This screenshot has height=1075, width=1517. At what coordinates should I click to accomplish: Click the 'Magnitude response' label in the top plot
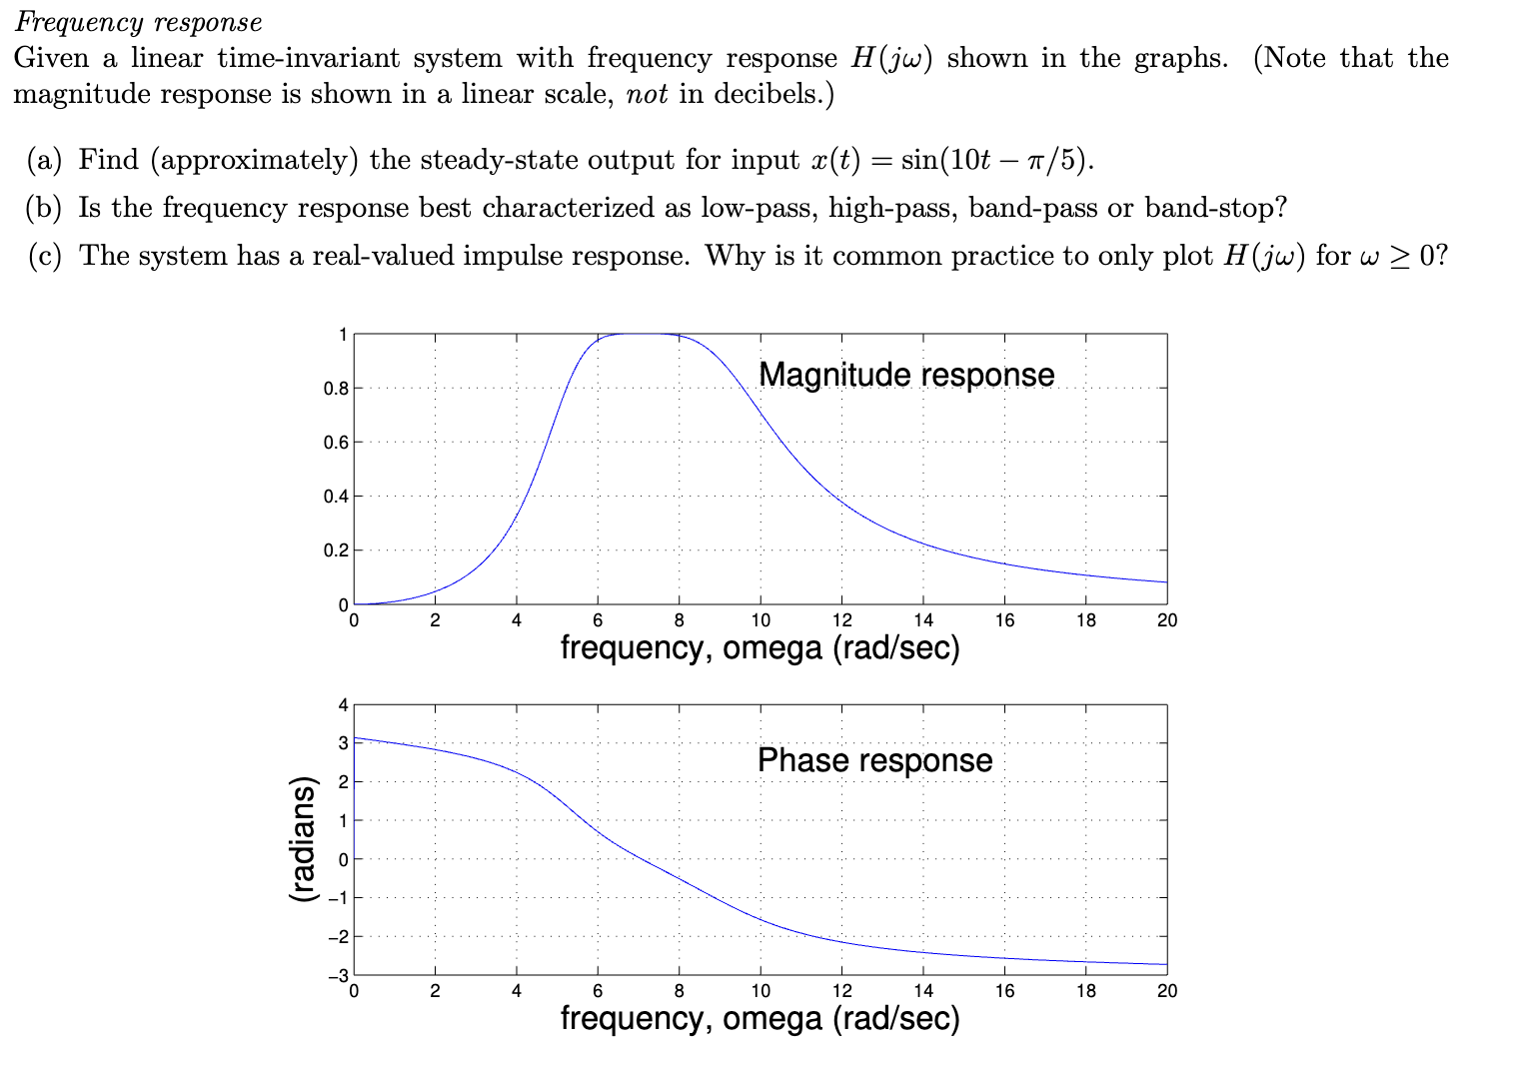[905, 375]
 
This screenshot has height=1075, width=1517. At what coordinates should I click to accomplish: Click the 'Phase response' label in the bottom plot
[874, 760]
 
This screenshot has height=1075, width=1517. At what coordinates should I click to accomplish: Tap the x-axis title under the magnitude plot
[759, 648]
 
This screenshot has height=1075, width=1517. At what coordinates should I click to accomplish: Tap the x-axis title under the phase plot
[759, 1018]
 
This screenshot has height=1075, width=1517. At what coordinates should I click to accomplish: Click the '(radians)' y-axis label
[302, 840]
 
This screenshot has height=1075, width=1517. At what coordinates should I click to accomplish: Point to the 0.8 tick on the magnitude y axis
[336, 389]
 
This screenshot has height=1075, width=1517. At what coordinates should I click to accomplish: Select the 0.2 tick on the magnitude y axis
[336, 550]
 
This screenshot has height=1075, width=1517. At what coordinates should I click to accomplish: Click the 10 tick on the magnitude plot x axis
[760, 620]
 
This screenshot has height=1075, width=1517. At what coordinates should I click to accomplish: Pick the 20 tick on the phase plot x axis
[1166, 991]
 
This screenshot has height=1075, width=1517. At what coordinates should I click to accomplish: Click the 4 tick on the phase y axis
[343, 705]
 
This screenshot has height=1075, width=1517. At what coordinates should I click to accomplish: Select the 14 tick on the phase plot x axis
[923, 991]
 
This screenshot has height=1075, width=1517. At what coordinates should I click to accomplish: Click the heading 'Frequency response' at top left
[138, 22]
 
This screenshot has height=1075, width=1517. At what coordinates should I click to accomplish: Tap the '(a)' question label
[44, 160]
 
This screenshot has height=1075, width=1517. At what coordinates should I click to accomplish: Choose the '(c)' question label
[44, 256]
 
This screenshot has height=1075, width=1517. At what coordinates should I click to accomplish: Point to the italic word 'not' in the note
[646, 94]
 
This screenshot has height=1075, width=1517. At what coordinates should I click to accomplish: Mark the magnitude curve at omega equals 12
[842, 501]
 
